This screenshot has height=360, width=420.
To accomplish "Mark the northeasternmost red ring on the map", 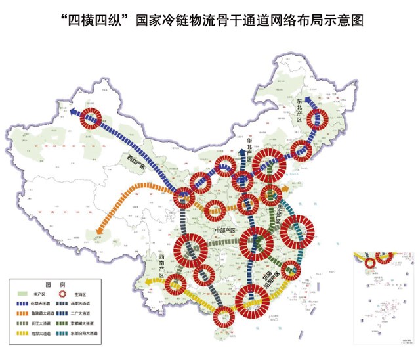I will (x=319, y=120).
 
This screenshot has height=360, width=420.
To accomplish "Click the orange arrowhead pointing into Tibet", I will (x=98, y=231).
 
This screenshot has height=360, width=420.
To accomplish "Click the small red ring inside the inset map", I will (x=370, y=262).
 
